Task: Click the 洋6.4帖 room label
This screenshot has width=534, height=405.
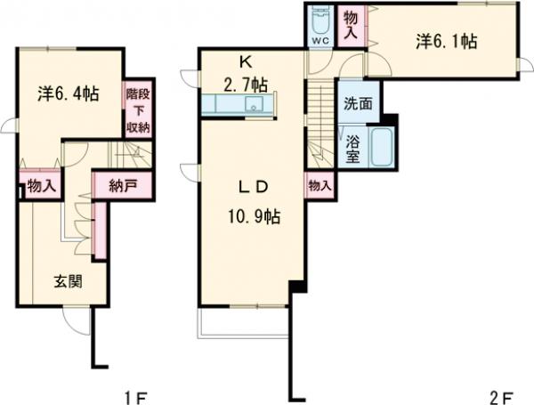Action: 69,94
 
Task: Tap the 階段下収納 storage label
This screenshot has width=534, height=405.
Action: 138,110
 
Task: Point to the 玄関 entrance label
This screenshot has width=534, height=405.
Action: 69,281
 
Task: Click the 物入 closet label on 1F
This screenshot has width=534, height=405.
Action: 42,186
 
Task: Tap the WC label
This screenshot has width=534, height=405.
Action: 320,41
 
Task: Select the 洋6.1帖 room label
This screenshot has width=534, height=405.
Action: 446,42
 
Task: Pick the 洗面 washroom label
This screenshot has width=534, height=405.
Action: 358,103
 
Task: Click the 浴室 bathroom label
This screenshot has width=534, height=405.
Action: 352,150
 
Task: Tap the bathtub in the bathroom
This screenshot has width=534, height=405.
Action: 381,147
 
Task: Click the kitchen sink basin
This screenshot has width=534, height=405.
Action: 254,103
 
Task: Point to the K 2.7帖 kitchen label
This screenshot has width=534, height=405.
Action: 246,74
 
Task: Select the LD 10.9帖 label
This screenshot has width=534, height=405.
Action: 254,202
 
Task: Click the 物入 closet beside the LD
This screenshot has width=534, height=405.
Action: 320,186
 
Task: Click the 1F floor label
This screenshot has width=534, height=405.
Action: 135,398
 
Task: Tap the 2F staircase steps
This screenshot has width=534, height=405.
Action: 320,124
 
